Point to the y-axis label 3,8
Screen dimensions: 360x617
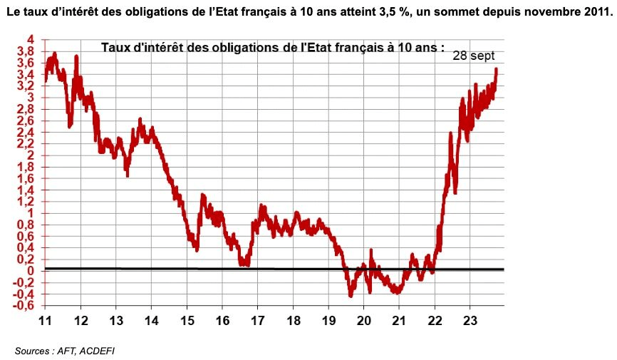(26, 51)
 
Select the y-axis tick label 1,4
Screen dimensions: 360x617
(26, 190)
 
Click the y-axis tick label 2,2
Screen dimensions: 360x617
(26, 144)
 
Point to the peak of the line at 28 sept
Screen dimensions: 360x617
(496, 69)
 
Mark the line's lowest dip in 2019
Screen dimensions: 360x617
(351, 294)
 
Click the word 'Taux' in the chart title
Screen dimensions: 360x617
(115, 48)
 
